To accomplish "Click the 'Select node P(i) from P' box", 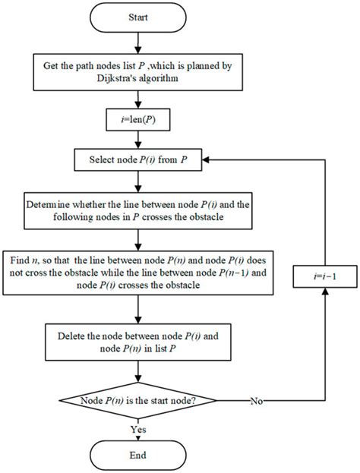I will (x=138, y=160).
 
